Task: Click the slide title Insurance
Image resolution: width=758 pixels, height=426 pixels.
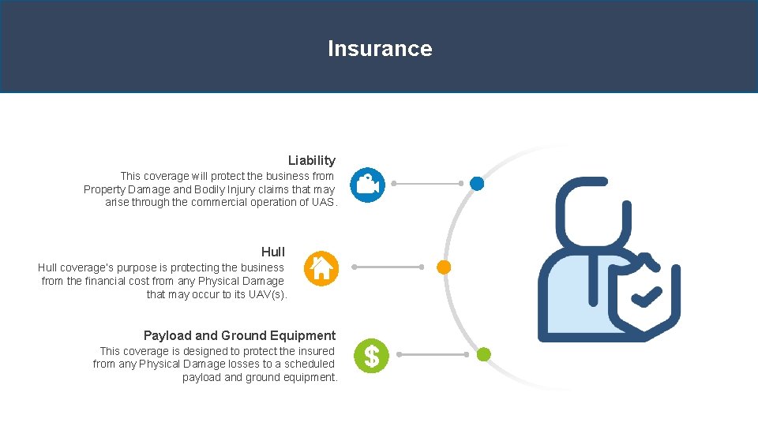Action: pyautogui.click(x=380, y=49)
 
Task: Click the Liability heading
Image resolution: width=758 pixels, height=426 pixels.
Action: pyautogui.click(x=311, y=160)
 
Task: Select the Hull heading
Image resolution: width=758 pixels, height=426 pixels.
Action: pyautogui.click(x=273, y=252)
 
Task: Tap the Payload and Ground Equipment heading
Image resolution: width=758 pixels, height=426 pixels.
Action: pyautogui.click(x=239, y=335)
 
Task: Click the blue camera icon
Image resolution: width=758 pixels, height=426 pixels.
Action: pyautogui.click(x=367, y=185)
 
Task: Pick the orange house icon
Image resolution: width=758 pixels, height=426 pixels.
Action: pyautogui.click(x=321, y=268)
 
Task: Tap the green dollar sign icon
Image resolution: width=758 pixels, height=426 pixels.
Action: pyautogui.click(x=371, y=356)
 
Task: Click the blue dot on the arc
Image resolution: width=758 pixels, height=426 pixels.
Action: pyautogui.click(x=477, y=184)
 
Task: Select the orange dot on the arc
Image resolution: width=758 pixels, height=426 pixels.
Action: pyautogui.click(x=444, y=267)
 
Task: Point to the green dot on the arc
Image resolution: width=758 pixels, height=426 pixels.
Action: pyautogui.click(x=484, y=355)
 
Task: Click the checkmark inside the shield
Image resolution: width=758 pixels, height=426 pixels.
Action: pyautogui.click(x=647, y=297)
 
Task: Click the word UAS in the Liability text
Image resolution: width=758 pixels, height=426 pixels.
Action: pyautogui.click(x=324, y=203)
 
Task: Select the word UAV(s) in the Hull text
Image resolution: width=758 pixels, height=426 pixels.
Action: pyautogui.click(x=268, y=295)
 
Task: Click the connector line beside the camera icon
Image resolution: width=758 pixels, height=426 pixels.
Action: pyautogui.click(x=428, y=184)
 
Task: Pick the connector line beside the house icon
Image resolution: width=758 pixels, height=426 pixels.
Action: pyautogui.click(x=388, y=267)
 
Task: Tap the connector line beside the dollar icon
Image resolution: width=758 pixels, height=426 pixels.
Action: pyautogui.click(x=432, y=355)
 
